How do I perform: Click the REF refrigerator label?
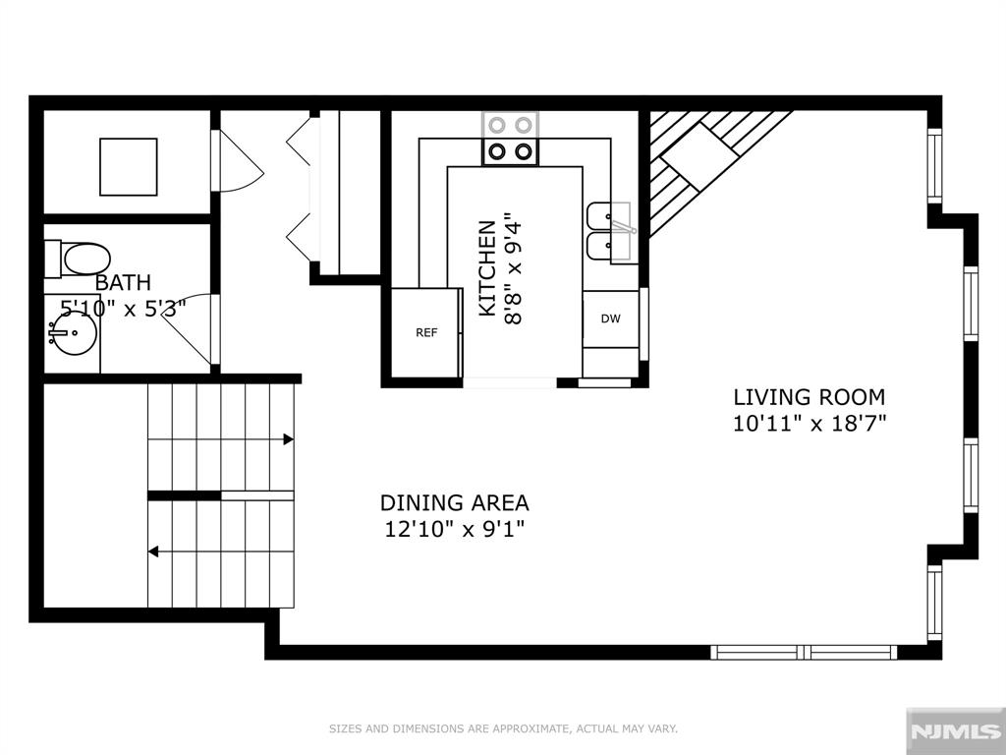pos(426,332)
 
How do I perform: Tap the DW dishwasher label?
pos(611,319)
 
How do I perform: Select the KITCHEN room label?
pos(487,268)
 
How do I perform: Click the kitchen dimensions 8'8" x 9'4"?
pos(514,268)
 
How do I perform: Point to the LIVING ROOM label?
pos(810,397)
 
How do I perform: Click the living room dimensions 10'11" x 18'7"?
pos(810,424)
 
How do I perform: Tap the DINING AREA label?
pos(455,502)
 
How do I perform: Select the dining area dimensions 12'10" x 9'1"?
pos(455,529)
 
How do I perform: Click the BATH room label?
pos(123,282)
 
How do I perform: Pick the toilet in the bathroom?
pos(77,259)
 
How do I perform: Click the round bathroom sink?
pos(73,332)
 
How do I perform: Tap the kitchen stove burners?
pos(510,139)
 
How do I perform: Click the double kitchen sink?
pos(609,232)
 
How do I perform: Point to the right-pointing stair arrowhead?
pos(289,439)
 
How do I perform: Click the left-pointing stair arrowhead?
pos(154,552)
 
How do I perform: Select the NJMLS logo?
pos(955,730)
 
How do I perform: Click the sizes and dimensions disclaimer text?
pos(504,728)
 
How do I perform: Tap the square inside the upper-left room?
pos(129,167)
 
